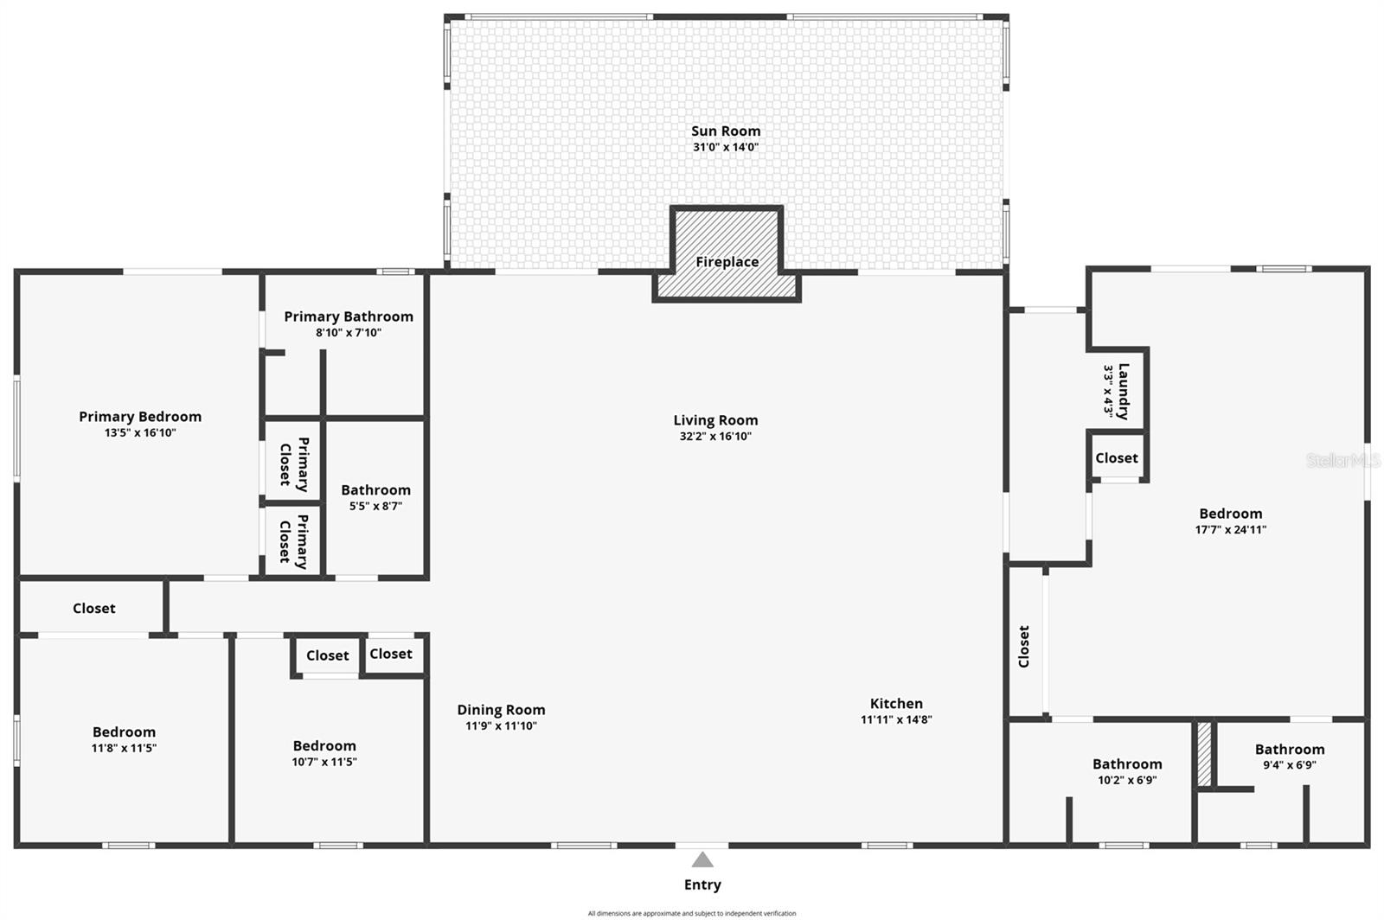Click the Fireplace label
coord(727,262)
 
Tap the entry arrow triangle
coord(702,859)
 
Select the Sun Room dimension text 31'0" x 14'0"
coord(725,147)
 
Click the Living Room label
coord(715,420)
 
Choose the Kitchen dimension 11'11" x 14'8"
coord(896,719)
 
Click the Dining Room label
coord(501,710)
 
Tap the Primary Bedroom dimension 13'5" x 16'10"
coord(140,432)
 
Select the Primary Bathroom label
coord(349,316)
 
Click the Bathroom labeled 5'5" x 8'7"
coord(375,490)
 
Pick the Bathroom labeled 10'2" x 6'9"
coord(1126,764)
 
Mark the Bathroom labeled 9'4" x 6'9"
coord(1289,750)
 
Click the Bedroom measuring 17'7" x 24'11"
coord(1230,514)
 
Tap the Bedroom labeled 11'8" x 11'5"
coord(124,732)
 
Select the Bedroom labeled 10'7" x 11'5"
coord(324,746)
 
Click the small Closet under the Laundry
coord(1117,458)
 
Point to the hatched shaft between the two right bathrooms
coord(1204,754)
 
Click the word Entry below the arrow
coord(702,885)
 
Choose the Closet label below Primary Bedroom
coord(93,609)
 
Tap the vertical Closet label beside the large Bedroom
coord(1024,647)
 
